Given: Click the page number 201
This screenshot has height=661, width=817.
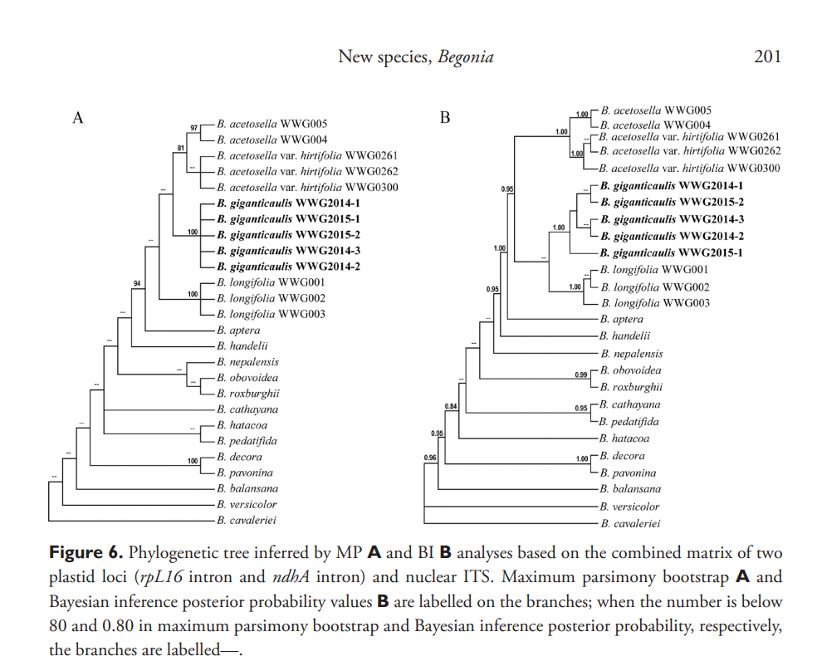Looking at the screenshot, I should [767, 57].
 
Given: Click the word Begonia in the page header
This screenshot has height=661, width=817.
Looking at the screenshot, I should [466, 57].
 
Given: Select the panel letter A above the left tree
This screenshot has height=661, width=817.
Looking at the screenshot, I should [78, 118].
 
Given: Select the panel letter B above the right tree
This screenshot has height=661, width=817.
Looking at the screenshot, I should [444, 118].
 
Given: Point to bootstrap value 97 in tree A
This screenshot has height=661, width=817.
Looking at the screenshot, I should [194, 128].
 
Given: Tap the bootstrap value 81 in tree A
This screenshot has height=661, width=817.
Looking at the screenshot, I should [180, 148].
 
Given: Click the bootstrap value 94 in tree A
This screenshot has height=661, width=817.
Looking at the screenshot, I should [138, 284].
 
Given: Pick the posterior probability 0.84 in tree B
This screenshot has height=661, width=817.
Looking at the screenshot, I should [452, 405].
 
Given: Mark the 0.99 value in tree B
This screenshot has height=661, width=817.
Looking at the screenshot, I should [581, 375].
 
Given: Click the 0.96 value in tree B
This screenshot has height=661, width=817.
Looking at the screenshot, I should [430, 458].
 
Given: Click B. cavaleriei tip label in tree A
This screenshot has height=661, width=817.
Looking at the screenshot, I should [247, 520].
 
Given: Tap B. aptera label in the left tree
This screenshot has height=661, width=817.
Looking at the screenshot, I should [238, 330].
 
